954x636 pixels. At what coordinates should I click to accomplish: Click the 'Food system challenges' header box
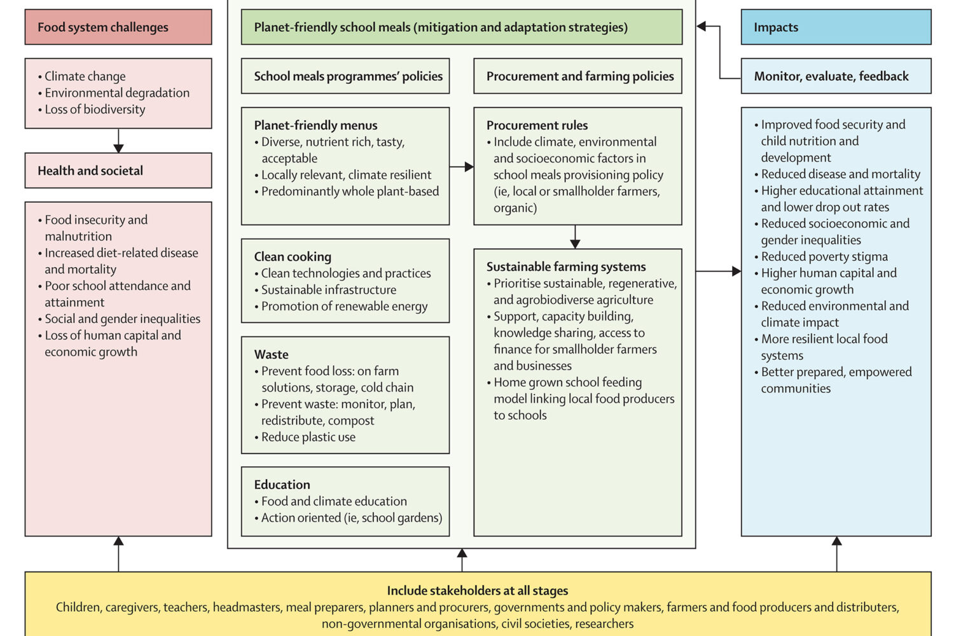118,27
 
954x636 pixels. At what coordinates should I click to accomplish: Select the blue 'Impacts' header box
836,27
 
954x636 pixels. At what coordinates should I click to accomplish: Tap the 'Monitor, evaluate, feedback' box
836,76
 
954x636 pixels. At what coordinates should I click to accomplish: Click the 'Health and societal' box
118,170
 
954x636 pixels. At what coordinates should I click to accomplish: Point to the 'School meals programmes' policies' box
345,76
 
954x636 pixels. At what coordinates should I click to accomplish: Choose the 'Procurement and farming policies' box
577,76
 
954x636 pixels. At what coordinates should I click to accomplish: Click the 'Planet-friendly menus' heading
315,125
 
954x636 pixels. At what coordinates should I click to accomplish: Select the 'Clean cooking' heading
293,256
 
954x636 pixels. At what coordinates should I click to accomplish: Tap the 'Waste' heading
271,354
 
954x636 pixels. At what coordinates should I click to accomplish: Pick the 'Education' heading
282,485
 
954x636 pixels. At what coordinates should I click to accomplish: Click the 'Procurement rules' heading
537,125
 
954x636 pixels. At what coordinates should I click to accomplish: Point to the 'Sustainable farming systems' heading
566,266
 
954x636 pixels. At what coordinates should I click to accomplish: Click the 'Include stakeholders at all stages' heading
477,591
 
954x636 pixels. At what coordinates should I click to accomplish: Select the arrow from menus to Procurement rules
462,167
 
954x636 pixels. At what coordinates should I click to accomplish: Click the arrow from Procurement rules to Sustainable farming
575,237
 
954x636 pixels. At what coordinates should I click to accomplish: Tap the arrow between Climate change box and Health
118,141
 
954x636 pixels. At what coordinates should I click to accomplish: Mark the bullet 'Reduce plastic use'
308,437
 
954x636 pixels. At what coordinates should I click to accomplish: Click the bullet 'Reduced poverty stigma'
824,256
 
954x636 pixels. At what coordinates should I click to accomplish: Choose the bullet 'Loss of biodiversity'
95,109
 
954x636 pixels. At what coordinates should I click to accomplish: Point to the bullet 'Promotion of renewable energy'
344,306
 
